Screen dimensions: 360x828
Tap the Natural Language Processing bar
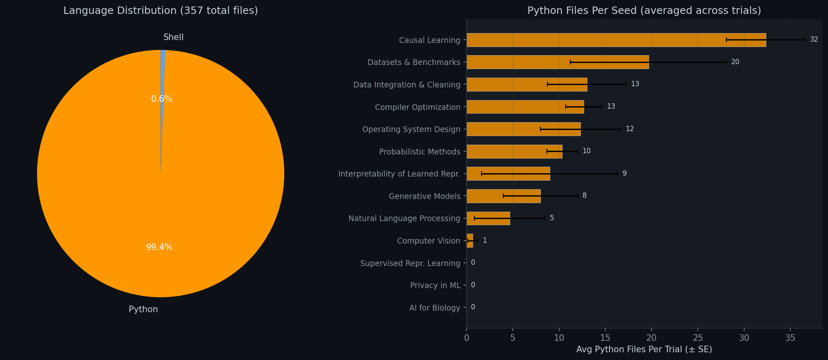pyautogui.click(x=488, y=218)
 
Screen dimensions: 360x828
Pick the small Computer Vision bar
pyautogui.click(x=470, y=241)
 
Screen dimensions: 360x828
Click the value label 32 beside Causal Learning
pyautogui.click(x=814, y=40)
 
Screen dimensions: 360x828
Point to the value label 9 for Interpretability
pyautogui.click(x=624, y=174)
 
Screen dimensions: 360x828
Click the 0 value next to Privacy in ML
pyautogui.click(x=473, y=285)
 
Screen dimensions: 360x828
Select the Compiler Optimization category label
pyautogui.click(x=417, y=107)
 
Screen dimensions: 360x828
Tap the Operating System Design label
pyautogui.click(x=411, y=129)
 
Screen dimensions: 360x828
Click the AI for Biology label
pyautogui.click(x=435, y=308)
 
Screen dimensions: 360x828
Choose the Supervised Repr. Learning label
pyautogui.click(x=410, y=263)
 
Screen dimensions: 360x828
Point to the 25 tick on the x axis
pyautogui.click(x=698, y=338)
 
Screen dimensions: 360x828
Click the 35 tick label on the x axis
pyautogui.click(x=790, y=338)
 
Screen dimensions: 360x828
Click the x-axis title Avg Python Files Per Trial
pyautogui.click(x=644, y=349)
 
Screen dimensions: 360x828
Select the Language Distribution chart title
pyautogui.click(x=161, y=11)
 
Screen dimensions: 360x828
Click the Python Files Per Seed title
pyautogui.click(x=644, y=11)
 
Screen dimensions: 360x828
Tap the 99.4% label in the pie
pyautogui.click(x=159, y=247)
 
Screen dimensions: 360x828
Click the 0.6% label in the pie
pyautogui.click(x=161, y=99)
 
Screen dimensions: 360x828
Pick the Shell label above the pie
pyautogui.click(x=173, y=37)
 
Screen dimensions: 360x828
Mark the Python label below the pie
pyautogui.click(x=143, y=309)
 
